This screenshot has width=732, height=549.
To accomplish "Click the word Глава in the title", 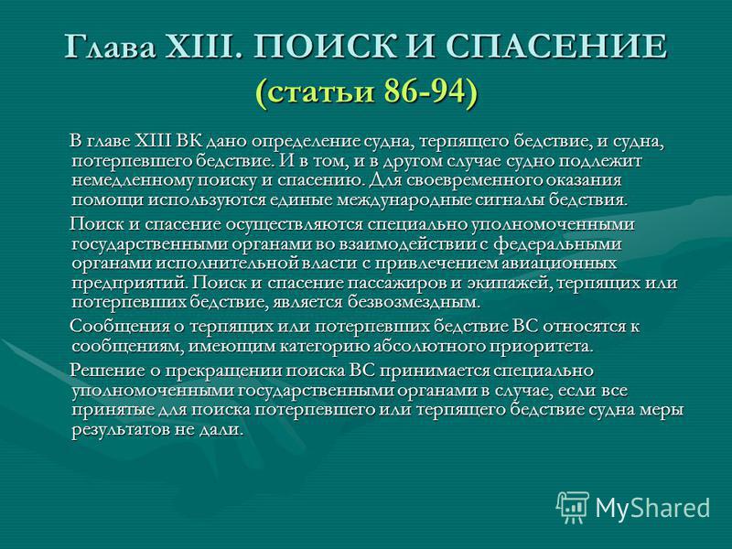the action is (110, 47).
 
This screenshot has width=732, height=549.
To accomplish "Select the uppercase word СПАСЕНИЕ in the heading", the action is (557, 47).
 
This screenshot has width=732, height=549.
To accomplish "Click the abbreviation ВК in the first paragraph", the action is (189, 141).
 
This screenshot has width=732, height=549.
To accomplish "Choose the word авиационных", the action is (559, 264).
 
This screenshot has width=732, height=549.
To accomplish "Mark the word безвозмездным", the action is (414, 304).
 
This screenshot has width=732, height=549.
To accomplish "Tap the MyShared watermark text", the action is (653, 508).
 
